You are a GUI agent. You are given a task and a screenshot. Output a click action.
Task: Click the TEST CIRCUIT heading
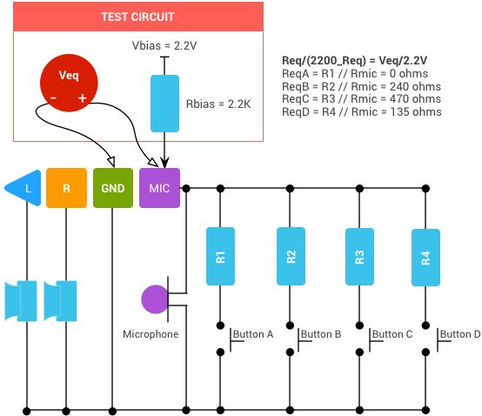(x=137, y=17)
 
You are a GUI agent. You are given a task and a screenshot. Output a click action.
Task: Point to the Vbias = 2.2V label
(x=164, y=45)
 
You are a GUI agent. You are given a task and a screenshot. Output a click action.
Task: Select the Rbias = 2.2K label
(x=218, y=104)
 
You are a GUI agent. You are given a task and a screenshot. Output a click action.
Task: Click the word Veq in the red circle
(x=69, y=76)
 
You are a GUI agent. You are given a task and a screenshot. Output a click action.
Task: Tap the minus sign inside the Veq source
(x=53, y=98)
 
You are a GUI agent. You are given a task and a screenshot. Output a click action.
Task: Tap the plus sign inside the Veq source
(x=83, y=98)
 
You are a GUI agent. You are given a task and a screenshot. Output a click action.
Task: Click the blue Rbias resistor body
(x=164, y=104)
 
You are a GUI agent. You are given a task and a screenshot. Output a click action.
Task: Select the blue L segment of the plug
(x=28, y=188)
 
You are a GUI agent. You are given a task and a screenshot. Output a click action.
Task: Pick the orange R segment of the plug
(x=67, y=188)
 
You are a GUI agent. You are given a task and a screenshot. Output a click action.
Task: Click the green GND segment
(x=113, y=188)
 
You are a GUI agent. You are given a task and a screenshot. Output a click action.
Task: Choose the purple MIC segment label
(x=159, y=188)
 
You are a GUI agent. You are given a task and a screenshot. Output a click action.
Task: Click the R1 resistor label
(x=220, y=257)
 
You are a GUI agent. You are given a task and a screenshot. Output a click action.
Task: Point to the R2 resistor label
(x=291, y=257)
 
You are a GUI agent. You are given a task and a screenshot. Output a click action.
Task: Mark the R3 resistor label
(x=359, y=257)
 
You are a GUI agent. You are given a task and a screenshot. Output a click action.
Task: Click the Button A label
(x=253, y=334)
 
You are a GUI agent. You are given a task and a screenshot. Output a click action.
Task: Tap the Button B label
(x=321, y=334)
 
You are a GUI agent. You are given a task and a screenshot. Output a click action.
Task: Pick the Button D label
(x=460, y=334)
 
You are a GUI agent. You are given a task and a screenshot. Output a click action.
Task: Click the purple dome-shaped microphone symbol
(x=154, y=299)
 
